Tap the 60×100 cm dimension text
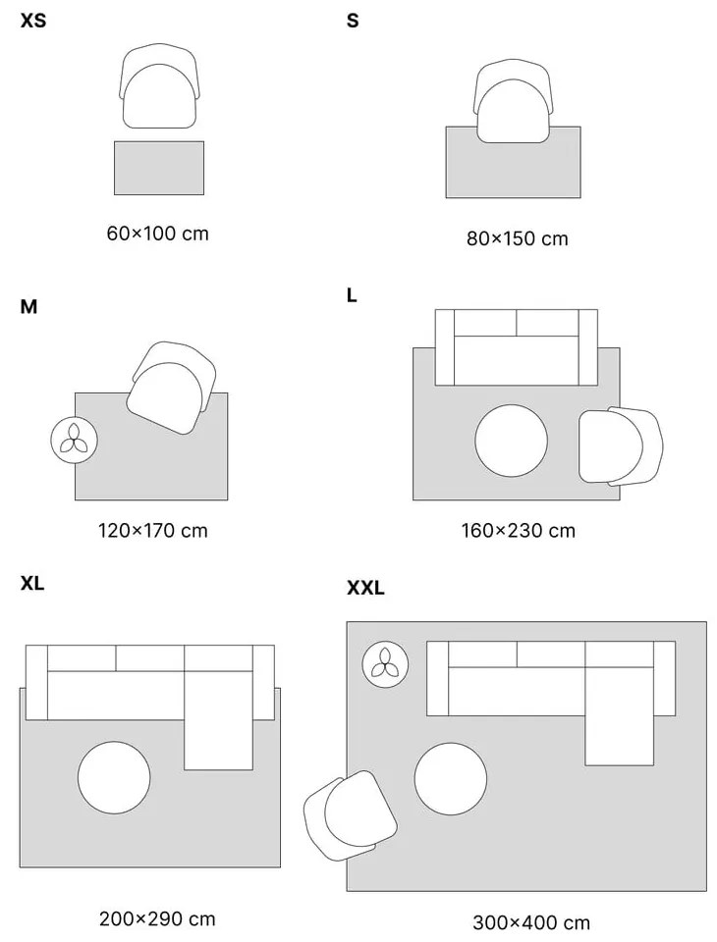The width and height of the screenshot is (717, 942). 157,234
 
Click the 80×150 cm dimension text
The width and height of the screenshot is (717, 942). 517,238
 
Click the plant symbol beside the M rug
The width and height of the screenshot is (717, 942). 74,441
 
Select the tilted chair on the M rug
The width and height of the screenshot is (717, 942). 172,389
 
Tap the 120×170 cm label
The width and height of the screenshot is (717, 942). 152,531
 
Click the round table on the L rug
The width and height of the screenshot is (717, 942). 512,441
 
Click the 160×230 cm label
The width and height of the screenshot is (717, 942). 518,531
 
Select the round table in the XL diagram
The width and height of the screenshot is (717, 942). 115,776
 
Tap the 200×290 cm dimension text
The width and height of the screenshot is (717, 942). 157,919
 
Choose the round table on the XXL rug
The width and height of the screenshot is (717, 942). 451,777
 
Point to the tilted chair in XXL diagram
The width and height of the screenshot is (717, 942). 350,815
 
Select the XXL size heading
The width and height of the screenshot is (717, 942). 365,589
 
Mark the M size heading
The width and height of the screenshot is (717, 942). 28,307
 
